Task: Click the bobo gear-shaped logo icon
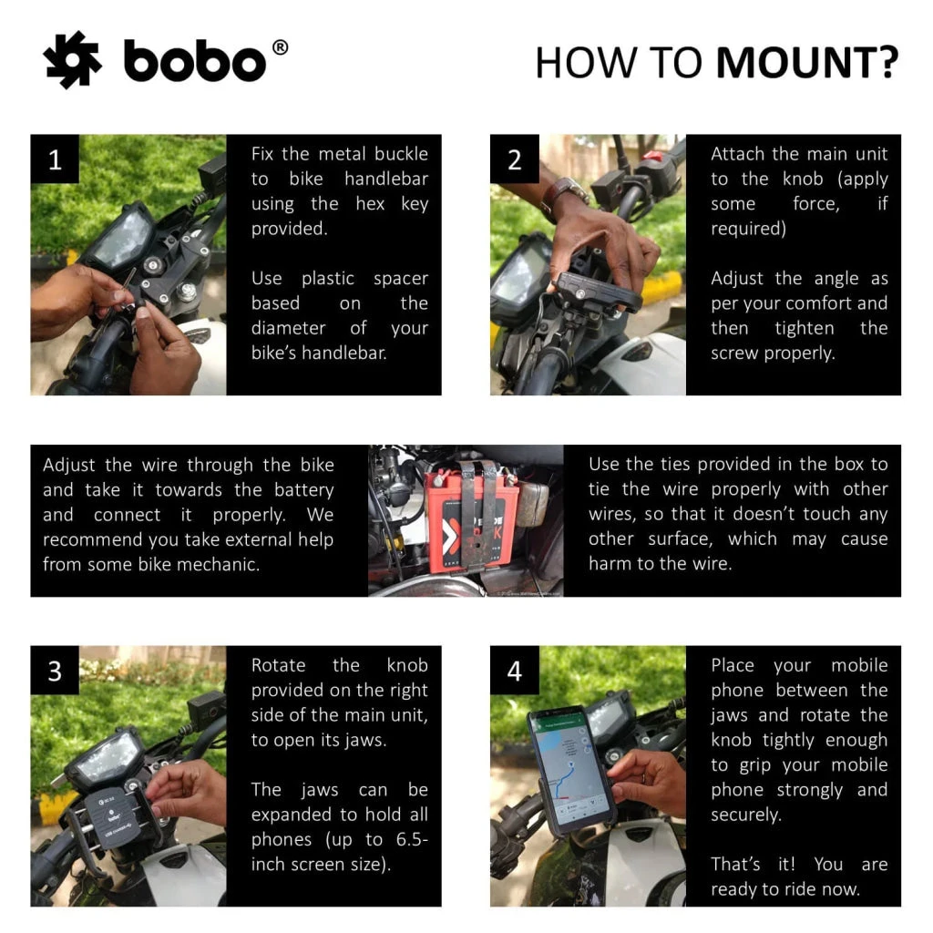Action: coord(73,60)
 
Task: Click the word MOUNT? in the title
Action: coord(807,63)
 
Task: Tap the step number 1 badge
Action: coord(55,160)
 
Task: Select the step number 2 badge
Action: coord(515,160)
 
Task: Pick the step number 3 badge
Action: coord(55,672)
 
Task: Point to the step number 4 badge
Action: coord(515,672)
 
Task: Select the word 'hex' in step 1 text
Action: coord(370,203)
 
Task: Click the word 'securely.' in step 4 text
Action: coord(746,815)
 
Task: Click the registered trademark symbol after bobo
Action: coord(280,47)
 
